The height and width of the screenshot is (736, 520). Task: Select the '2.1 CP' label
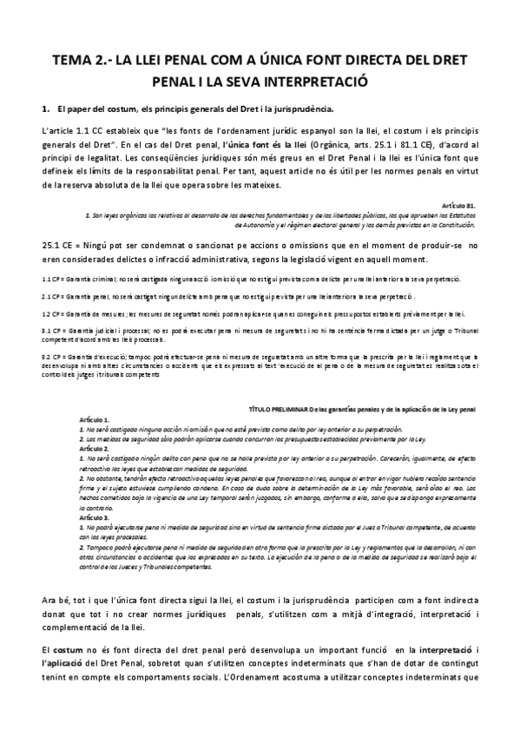(51, 296)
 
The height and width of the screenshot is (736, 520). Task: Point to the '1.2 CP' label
(51, 313)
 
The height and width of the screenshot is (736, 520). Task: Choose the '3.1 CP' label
(51, 332)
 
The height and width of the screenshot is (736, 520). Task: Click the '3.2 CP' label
(51, 356)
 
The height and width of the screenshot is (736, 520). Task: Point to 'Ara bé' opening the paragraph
(54, 601)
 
